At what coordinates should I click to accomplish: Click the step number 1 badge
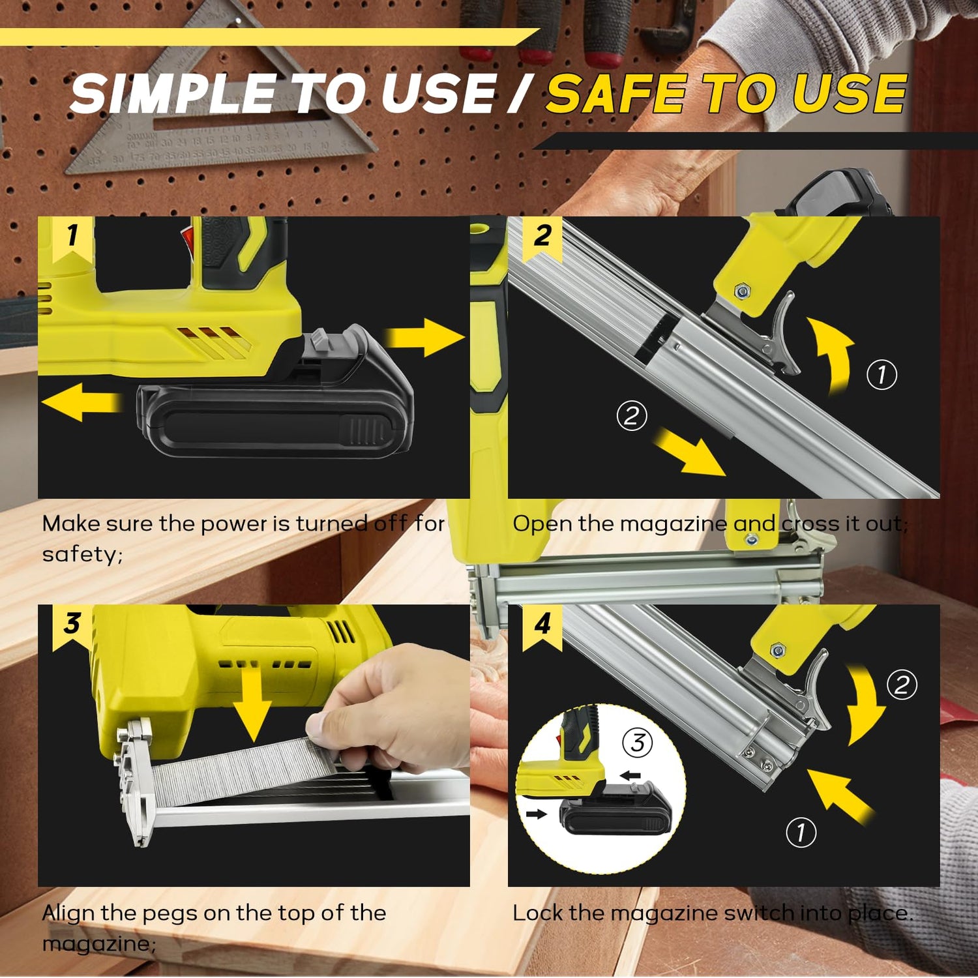pyautogui.click(x=72, y=239)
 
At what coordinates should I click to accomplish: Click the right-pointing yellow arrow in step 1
pyautogui.click(x=424, y=337)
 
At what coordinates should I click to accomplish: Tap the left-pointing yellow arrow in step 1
pyautogui.click(x=82, y=402)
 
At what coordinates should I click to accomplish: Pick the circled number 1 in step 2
pyautogui.click(x=882, y=374)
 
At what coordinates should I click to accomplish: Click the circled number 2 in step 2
pyautogui.click(x=632, y=415)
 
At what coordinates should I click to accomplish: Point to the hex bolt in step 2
pyautogui.click(x=741, y=291)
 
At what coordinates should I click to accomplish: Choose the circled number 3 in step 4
pyautogui.click(x=637, y=743)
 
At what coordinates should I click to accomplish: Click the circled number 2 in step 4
pyautogui.click(x=902, y=685)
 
